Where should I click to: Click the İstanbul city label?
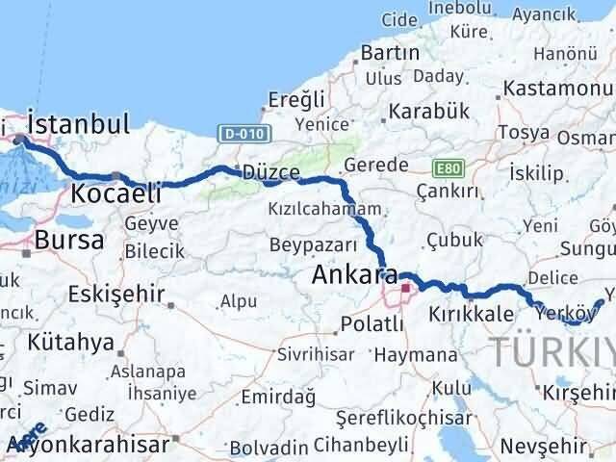79,124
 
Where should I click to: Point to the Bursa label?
68,241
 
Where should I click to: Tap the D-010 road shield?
234,132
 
